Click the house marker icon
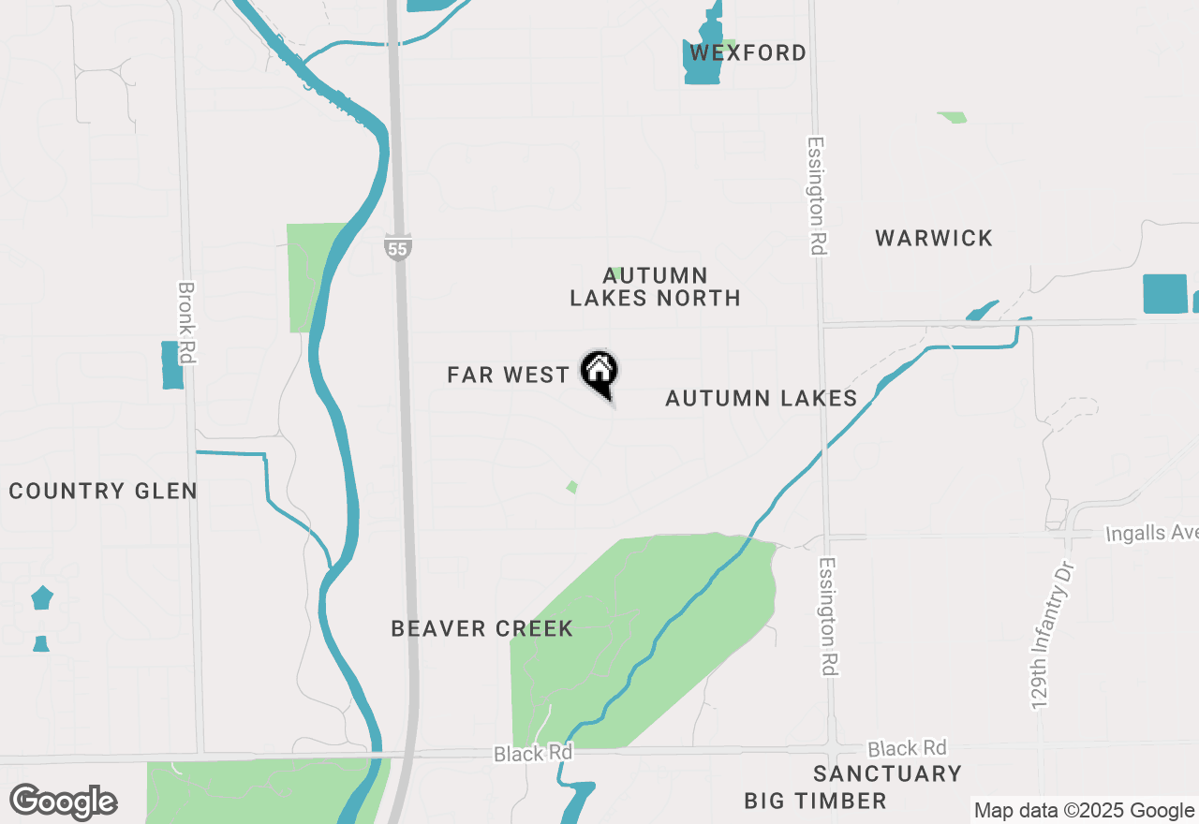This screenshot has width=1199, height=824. (x=599, y=371)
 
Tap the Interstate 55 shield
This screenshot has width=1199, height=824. (x=397, y=248)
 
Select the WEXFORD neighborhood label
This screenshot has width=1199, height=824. (x=748, y=53)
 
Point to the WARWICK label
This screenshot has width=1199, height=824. (x=934, y=238)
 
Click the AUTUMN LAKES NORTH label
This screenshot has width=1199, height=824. (x=656, y=287)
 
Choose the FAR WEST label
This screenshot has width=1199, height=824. (x=508, y=375)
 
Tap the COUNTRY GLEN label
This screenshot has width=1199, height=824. (x=103, y=491)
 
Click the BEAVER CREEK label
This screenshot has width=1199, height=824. (x=481, y=628)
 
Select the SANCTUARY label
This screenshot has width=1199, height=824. (x=887, y=773)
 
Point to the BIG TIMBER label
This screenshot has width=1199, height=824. (x=815, y=801)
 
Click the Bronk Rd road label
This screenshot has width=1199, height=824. (x=186, y=324)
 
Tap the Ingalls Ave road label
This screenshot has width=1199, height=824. (x=1151, y=533)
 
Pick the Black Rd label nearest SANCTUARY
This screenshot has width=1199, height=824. (x=906, y=748)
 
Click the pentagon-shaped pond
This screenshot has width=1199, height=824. (x=42, y=597)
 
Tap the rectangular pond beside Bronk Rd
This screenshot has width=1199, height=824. (x=172, y=365)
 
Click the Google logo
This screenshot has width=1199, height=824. (x=63, y=802)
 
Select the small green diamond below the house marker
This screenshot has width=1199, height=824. (x=571, y=487)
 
